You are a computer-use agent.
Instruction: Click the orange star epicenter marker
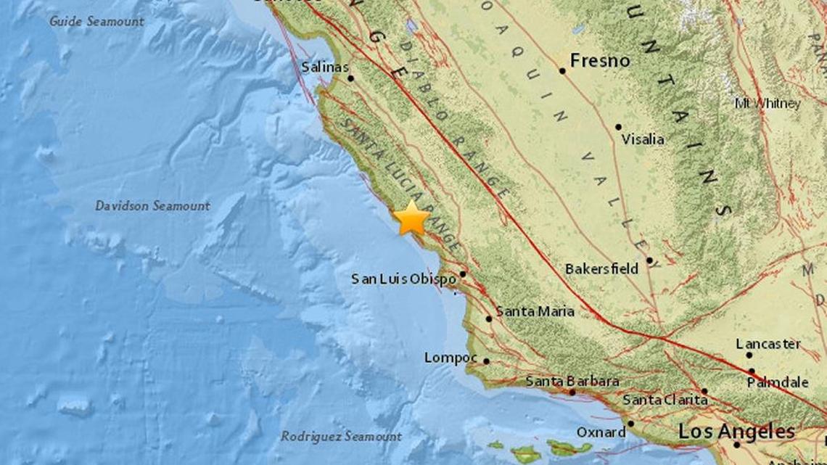click(x=411, y=218)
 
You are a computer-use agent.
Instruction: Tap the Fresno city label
click(x=599, y=61)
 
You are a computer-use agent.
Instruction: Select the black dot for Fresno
click(x=562, y=71)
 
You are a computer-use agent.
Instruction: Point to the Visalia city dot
click(x=618, y=127)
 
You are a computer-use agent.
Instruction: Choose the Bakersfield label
click(x=601, y=269)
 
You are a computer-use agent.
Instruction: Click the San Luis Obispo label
click(x=403, y=279)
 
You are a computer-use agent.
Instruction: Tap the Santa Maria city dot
click(x=489, y=318)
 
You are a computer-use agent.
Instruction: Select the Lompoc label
click(x=450, y=358)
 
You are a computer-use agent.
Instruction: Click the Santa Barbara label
click(x=572, y=381)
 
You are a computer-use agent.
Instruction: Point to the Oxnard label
click(x=601, y=432)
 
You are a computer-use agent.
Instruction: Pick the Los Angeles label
click(x=736, y=432)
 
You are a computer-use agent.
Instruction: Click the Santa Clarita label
click(x=665, y=400)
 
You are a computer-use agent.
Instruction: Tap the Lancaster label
click(x=768, y=344)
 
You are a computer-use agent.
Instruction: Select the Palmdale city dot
click(x=752, y=371)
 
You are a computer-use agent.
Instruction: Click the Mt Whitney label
click(x=767, y=104)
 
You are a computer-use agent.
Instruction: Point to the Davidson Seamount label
click(x=152, y=206)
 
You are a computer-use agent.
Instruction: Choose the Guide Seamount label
click(x=96, y=21)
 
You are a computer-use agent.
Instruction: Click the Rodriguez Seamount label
click(x=341, y=437)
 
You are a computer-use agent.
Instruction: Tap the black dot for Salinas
click(x=350, y=78)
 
